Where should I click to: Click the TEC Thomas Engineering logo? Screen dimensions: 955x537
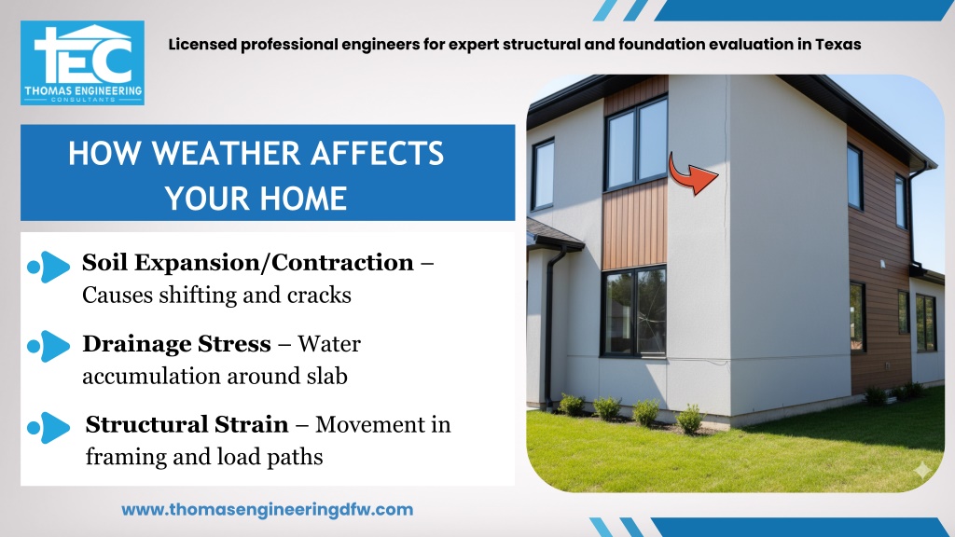tap(82, 62)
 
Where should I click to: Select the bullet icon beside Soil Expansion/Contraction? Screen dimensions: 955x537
tap(48, 267)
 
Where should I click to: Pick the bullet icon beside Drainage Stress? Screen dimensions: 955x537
tap(48, 347)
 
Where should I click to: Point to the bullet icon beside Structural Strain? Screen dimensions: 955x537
tap(48, 427)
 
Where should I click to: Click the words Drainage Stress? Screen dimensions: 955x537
tap(176, 344)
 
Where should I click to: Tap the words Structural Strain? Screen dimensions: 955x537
tap(187, 424)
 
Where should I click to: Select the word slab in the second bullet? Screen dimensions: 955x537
tap(327, 376)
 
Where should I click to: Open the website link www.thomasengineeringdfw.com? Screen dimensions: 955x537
tap(267, 510)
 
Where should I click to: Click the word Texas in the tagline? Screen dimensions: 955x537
tap(838, 45)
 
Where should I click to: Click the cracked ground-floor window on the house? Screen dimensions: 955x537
tap(634, 311)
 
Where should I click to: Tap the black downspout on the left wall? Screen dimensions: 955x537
tap(550, 329)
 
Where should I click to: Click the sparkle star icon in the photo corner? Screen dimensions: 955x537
tap(922, 470)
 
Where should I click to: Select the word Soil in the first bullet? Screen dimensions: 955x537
tap(104, 262)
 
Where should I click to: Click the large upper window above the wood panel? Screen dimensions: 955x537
tap(636, 144)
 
